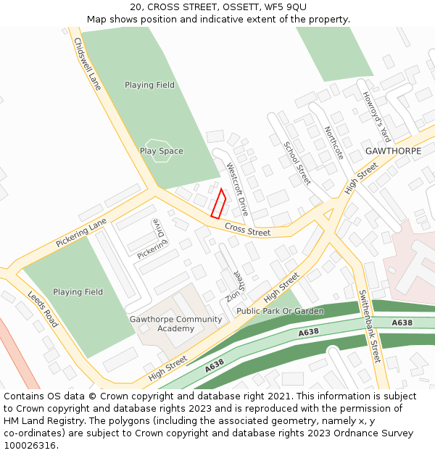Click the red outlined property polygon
[218, 204]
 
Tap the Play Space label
[161, 151]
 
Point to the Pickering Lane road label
[81, 233]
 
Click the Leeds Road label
[43, 309]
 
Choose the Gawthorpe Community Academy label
[176, 324]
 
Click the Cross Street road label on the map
[247, 230]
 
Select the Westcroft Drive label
[237, 189]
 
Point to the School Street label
[297, 163]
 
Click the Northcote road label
[333, 144]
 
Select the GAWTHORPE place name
[393, 151]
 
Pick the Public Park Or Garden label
[280, 311]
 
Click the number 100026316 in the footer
[31, 445]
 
